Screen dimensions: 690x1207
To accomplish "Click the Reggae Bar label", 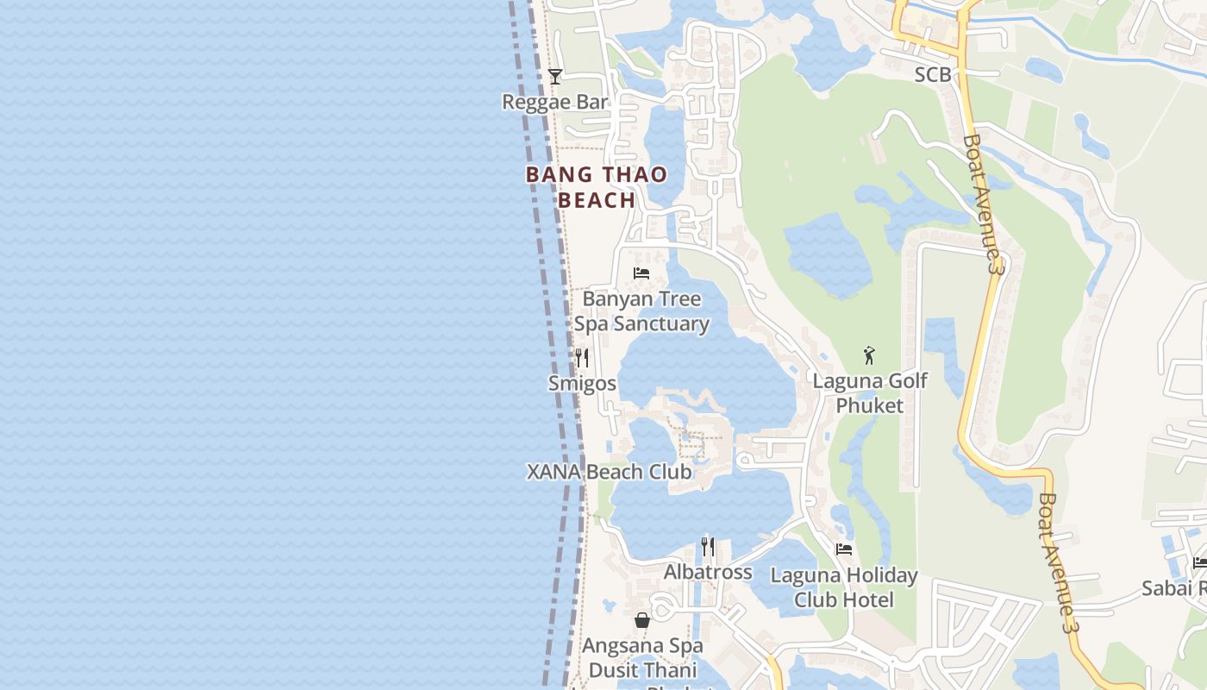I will point(555,102).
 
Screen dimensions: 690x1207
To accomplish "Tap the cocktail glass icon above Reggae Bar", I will point(555,77).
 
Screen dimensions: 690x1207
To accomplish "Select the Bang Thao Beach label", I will point(597,187).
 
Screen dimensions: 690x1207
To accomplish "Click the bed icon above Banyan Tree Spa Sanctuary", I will point(641,273).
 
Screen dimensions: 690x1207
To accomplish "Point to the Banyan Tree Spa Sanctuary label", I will point(641,311).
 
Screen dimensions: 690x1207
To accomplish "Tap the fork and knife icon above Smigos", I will point(583,357).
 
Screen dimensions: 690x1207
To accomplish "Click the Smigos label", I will point(583,383).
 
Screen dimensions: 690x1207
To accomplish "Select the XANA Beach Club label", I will point(609,472).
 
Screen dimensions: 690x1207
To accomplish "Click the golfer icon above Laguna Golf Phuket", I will point(869,354).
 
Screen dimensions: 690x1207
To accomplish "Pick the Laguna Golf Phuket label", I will point(870,392).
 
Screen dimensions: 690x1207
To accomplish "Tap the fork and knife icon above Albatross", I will point(708,547).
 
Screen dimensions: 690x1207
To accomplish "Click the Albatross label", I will point(708,572).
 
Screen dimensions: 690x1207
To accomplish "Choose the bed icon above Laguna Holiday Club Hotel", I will point(844,549).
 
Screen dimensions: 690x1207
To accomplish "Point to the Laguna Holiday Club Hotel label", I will point(844,587).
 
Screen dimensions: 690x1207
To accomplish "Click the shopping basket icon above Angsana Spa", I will point(642,619).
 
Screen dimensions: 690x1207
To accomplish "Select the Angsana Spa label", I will point(642,645).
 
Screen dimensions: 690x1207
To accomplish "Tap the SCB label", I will point(933,75).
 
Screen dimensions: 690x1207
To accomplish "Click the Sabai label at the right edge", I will point(1173,588).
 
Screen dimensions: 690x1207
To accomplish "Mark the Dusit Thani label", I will point(642,670).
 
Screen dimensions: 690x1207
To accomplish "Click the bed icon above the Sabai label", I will point(1200,562).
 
